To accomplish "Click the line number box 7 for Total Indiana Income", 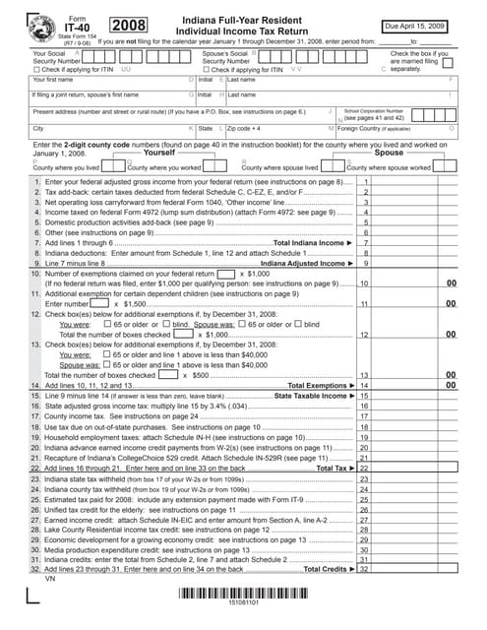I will pos(366,242).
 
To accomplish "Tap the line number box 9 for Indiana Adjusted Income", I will pos(366,263).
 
